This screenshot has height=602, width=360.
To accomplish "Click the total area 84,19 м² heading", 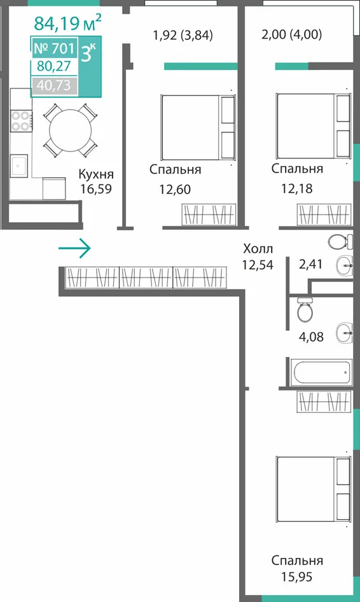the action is pyautogui.click(x=67, y=22).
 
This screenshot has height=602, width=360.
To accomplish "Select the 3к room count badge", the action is pyautogui.click(x=88, y=53).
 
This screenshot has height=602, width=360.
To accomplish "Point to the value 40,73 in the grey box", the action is pyautogui.click(x=53, y=85).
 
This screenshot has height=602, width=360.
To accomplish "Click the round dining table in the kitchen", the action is pyautogui.click(x=70, y=130).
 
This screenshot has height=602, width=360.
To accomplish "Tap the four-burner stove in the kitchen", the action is pyautogui.click(x=21, y=120).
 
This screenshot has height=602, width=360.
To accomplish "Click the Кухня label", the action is pyautogui.click(x=96, y=174).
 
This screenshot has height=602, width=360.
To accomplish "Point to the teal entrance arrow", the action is pyautogui.click(x=74, y=248).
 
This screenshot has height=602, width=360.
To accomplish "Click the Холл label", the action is pyautogui.click(x=258, y=249).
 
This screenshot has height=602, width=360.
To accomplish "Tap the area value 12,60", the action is pyautogui.click(x=175, y=189).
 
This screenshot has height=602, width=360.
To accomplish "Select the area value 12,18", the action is pyautogui.click(x=296, y=188).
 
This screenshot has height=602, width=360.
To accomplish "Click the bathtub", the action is pyautogui.click(x=321, y=372).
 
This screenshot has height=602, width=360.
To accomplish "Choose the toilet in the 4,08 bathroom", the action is pyautogui.click(x=305, y=309).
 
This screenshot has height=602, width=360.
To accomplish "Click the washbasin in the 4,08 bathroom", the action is pyautogui.click(x=344, y=332).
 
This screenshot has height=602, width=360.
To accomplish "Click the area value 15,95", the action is pyautogui.click(x=296, y=577).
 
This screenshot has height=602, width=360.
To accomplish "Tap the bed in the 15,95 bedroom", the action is pyautogui.click(x=314, y=489).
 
